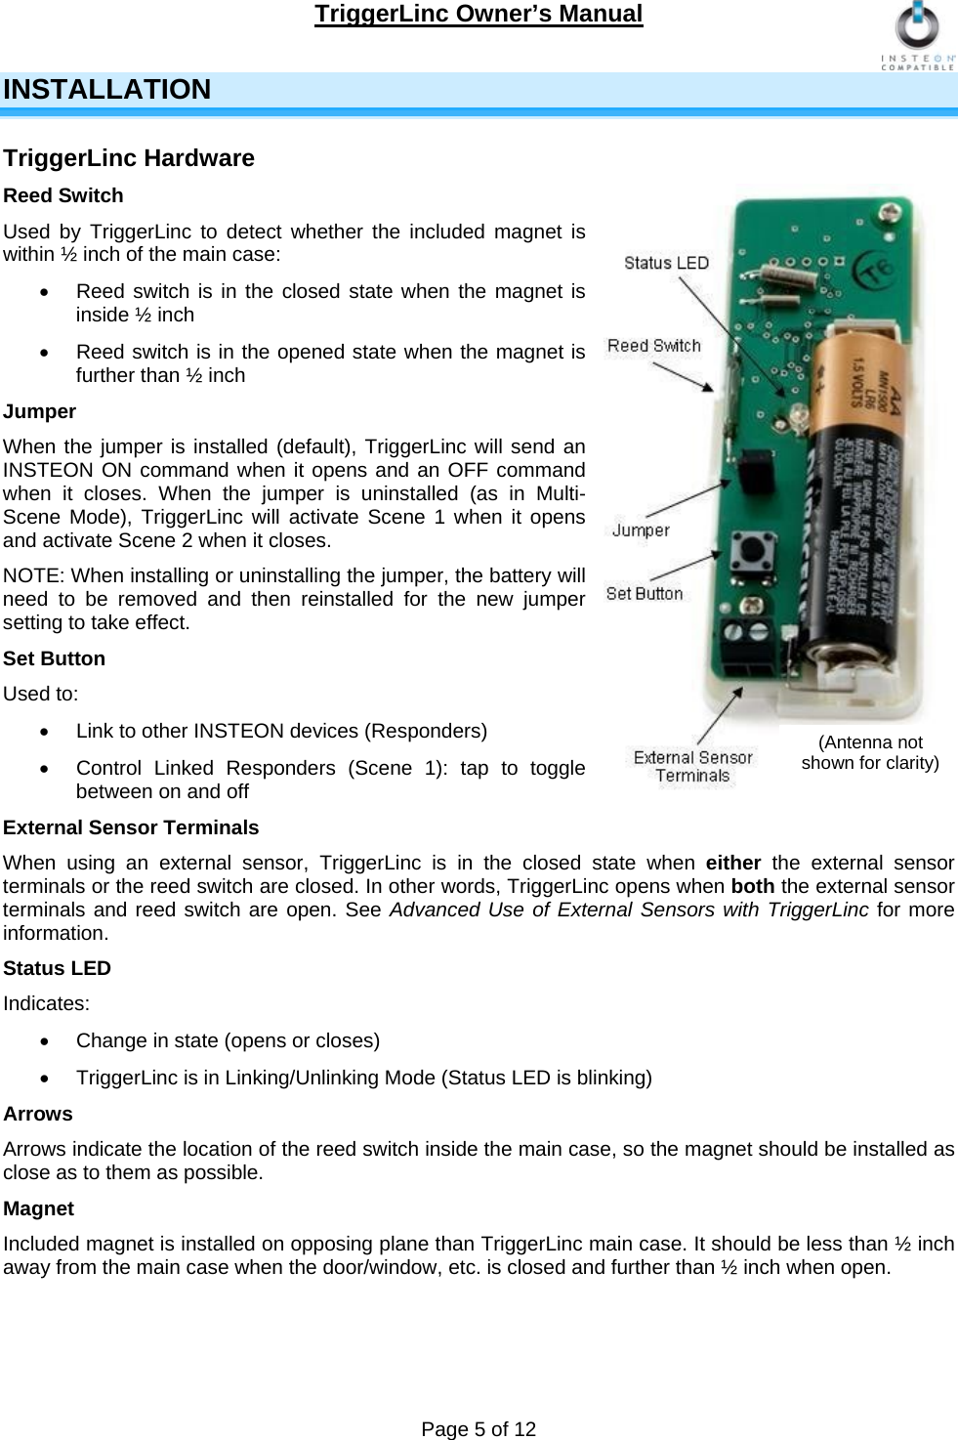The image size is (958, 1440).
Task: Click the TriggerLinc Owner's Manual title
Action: click(479, 14)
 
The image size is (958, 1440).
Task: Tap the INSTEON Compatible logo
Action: click(918, 37)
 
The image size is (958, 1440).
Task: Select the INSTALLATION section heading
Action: click(107, 90)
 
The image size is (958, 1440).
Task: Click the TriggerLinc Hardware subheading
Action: click(129, 158)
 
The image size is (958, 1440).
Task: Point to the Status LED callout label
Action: click(666, 263)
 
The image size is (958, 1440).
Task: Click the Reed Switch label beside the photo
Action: click(654, 346)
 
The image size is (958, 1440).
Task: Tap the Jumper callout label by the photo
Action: click(641, 530)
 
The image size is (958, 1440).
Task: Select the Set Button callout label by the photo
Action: click(645, 593)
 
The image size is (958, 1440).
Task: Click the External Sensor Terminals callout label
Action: click(693, 767)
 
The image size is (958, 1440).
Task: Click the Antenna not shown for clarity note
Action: click(870, 752)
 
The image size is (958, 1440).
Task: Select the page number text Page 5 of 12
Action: click(479, 1429)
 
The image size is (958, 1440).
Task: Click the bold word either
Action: click(733, 863)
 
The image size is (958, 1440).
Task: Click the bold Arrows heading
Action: click(38, 1114)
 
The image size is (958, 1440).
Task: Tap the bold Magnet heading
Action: click(39, 1208)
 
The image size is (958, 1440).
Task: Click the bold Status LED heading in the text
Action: click(58, 968)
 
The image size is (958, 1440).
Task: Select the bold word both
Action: click(752, 886)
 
